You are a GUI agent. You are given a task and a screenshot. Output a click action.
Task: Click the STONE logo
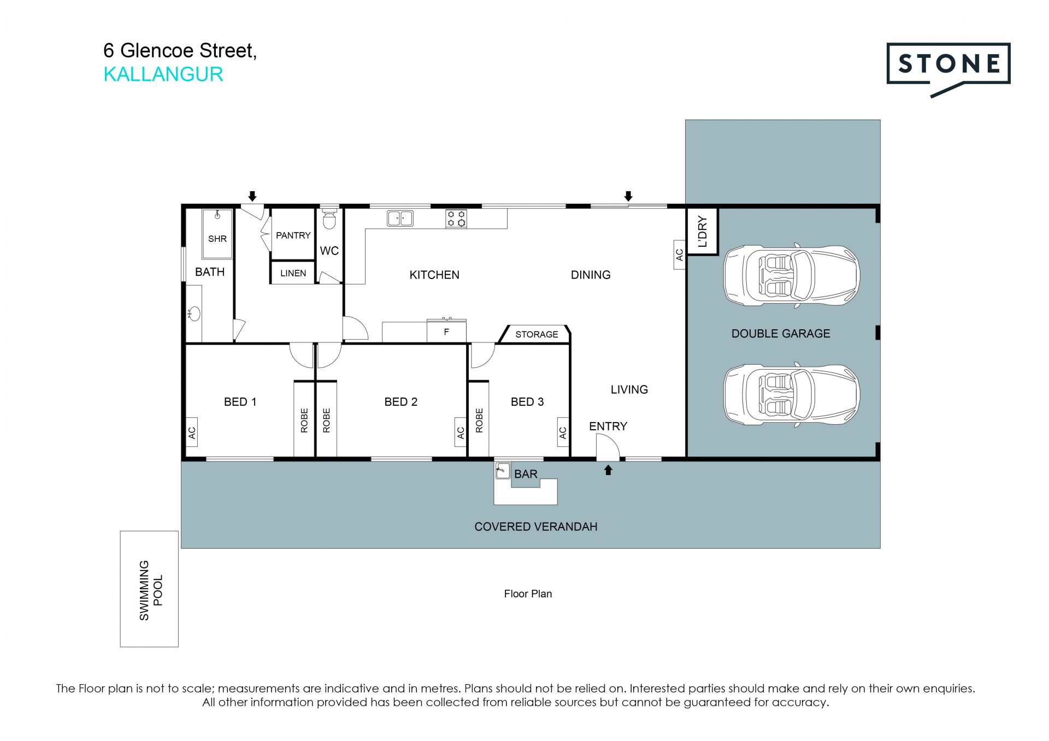(x=948, y=65)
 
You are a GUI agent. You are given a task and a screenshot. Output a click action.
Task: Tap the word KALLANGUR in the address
(x=163, y=74)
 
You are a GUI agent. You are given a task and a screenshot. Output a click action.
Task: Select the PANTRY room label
(x=293, y=235)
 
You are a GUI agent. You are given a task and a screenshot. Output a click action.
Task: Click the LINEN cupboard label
(x=293, y=273)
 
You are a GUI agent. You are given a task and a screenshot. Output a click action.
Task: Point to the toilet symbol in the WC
(x=329, y=219)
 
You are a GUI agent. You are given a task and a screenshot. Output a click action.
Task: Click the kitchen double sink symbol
(x=400, y=218)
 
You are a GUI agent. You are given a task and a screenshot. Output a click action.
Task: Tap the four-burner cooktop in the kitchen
(x=457, y=218)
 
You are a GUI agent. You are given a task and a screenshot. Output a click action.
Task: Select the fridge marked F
(x=446, y=331)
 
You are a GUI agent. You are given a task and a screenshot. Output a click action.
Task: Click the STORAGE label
(x=537, y=334)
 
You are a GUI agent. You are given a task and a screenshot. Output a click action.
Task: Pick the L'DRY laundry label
(x=703, y=232)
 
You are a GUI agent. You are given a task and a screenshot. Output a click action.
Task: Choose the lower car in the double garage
(x=792, y=395)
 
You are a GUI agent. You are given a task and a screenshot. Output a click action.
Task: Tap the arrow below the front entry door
(x=608, y=470)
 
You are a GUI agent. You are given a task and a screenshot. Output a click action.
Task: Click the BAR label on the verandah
(x=526, y=474)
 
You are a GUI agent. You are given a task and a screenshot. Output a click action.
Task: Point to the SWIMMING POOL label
(x=151, y=590)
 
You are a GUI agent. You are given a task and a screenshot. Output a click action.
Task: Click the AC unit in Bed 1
(x=192, y=432)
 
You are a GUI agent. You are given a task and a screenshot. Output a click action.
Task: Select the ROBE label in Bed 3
(x=479, y=420)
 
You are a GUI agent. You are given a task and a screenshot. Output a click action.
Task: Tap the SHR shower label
(x=217, y=239)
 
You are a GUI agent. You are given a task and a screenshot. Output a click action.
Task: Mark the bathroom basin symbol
(x=194, y=314)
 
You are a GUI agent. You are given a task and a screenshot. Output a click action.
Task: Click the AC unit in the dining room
(x=679, y=254)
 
